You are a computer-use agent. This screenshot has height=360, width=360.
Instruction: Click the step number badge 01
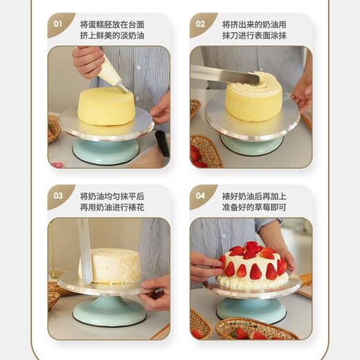click(x=58, y=24)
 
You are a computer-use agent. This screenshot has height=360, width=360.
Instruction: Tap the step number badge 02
click(x=200, y=24)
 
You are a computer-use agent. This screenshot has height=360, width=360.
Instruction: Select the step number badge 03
click(x=58, y=196)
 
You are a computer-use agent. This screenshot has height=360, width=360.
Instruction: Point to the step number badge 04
click(x=200, y=196)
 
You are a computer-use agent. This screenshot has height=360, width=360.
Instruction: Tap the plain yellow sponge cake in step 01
click(x=106, y=106)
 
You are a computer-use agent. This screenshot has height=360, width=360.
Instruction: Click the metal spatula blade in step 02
click(x=215, y=74)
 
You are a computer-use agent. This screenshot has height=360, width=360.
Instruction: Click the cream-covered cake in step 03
click(x=111, y=266)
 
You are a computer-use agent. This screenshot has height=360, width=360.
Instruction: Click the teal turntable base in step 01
click(x=105, y=151)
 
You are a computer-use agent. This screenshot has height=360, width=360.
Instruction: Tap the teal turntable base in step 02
click(x=251, y=145)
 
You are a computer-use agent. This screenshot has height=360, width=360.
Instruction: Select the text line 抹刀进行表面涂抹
click(x=254, y=35)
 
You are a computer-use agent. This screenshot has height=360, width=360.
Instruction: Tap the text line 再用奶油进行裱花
click(x=112, y=207)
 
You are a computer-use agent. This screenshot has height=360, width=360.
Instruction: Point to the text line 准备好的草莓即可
click(x=254, y=207)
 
